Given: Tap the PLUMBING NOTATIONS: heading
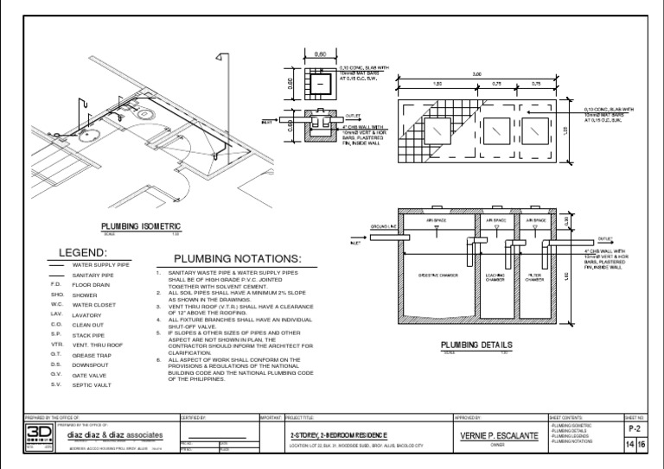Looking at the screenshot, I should [x=237, y=259].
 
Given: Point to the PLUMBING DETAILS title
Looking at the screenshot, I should [x=476, y=345].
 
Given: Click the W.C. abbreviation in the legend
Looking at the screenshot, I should [x=56, y=304].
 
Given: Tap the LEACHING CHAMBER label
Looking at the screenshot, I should [x=495, y=279].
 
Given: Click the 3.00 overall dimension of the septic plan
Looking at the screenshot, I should [x=476, y=75].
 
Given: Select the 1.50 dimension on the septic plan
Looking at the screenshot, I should [x=437, y=85].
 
